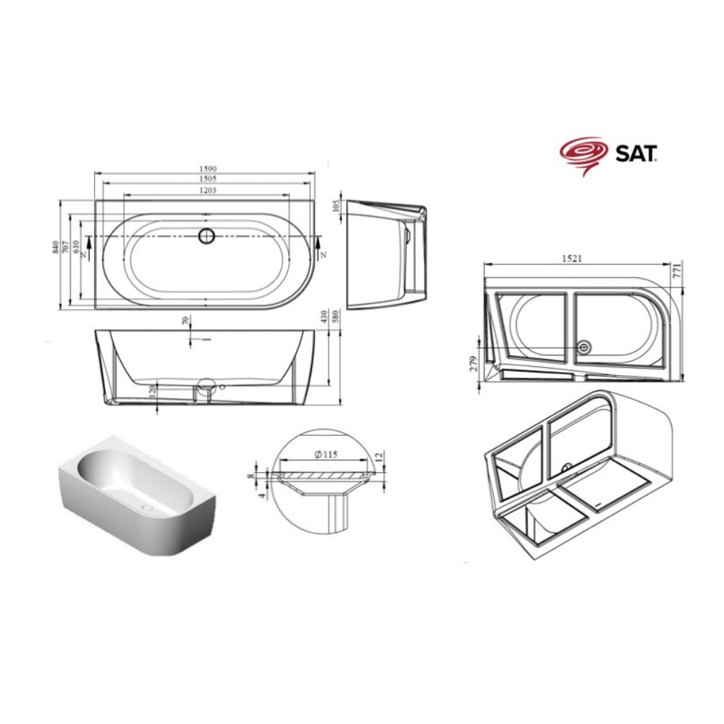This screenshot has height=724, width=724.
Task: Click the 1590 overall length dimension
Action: point(208,169)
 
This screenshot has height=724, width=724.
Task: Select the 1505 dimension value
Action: point(208,179)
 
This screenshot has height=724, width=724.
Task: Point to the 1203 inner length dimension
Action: point(208,190)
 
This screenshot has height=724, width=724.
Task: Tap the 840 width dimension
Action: point(56,248)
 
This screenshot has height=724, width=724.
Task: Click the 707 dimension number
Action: point(66,248)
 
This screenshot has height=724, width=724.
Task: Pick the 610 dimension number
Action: point(76,247)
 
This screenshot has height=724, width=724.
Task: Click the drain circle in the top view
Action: point(207,236)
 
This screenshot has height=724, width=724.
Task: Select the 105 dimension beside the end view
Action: point(336,206)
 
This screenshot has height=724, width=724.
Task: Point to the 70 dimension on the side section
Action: point(186,321)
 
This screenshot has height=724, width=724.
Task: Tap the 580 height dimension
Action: point(336,316)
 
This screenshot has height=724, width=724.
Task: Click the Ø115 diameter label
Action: point(326,455)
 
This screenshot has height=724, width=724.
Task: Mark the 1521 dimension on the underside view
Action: point(572,258)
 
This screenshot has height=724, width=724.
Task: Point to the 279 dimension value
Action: point(473,363)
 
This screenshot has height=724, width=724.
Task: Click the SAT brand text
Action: point(636,153)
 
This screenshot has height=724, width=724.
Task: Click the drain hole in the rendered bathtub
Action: point(147,508)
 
